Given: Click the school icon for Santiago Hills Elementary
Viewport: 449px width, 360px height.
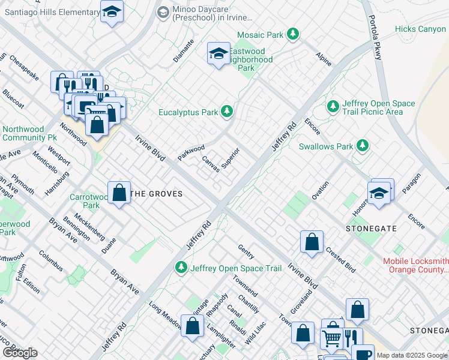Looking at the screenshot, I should (112, 12).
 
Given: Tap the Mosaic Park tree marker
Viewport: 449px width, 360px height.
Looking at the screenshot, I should (293, 34).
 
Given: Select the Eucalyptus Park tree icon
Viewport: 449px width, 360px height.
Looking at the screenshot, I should (226, 111).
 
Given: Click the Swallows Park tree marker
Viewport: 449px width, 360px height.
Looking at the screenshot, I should (362, 146).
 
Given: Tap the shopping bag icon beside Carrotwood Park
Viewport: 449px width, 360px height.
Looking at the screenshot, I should (119, 193).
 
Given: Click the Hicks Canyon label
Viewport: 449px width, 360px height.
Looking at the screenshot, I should (420, 29).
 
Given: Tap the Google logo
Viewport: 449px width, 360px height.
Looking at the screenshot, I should (20, 353).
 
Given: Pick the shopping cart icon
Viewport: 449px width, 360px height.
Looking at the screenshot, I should (331, 339).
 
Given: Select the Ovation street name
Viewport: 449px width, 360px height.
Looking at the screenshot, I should (320, 190).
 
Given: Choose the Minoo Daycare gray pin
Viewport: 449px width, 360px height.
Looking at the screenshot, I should (163, 12).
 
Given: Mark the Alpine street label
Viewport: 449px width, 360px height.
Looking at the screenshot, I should (324, 59).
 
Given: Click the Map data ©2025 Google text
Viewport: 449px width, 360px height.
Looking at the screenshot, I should (411, 355).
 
